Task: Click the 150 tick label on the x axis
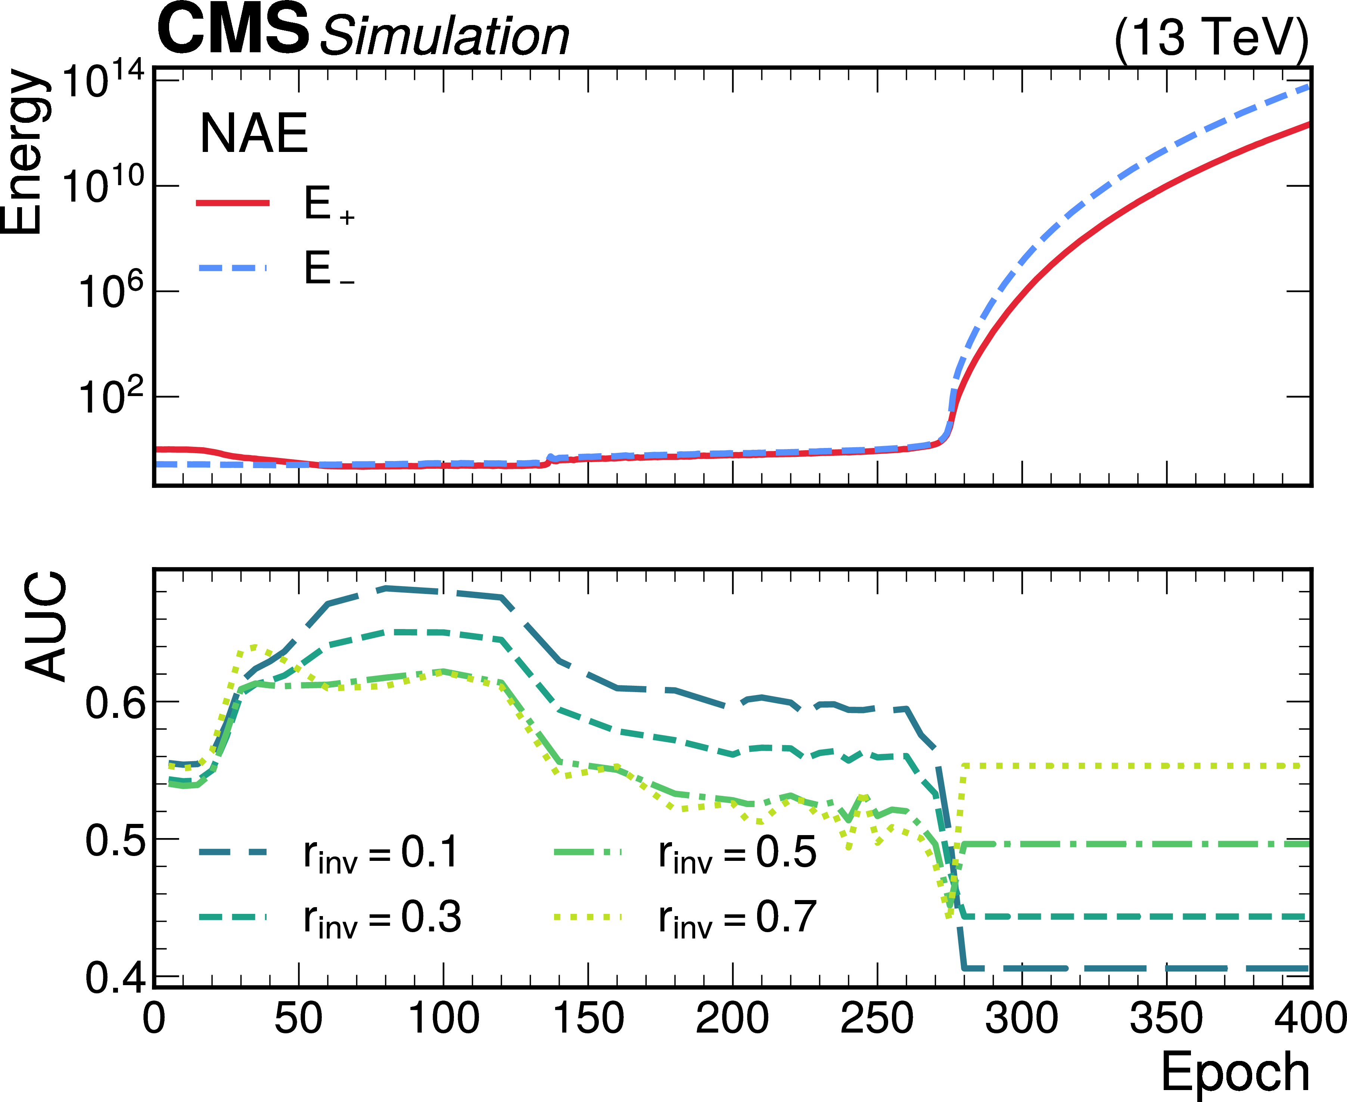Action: click(x=588, y=1018)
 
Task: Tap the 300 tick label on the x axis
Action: click(x=1021, y=1018)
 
